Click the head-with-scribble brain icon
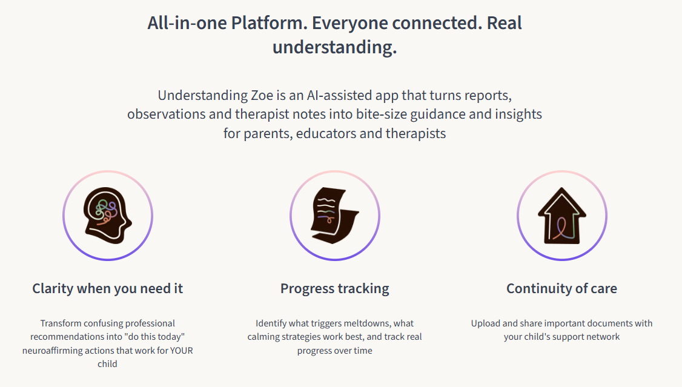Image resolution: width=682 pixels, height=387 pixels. click(x=107, y=215)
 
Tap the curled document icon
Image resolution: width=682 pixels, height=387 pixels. click(x=334, y=215)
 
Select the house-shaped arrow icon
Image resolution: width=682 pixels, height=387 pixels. click(x=562, y=215)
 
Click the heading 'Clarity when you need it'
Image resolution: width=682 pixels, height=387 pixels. click(x=107, y=288)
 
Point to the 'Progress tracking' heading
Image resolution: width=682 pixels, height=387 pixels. click(x=334, y=288)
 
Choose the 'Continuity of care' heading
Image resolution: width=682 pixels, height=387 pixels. click(x=561, y=288)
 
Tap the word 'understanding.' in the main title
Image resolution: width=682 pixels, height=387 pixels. click(x=334, y=47)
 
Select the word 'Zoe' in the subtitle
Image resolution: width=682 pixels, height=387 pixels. click(x=262, y=95)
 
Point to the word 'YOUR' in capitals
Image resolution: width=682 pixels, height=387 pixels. click(x=181, y=351)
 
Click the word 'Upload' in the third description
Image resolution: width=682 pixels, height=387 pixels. click(x=485, y=323)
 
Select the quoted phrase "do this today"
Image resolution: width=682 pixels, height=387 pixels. click(x=154, y=337)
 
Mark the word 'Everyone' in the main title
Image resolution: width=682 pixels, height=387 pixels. click(x=349, y=23)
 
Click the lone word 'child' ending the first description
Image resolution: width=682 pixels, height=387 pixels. click(x=107, y=364)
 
